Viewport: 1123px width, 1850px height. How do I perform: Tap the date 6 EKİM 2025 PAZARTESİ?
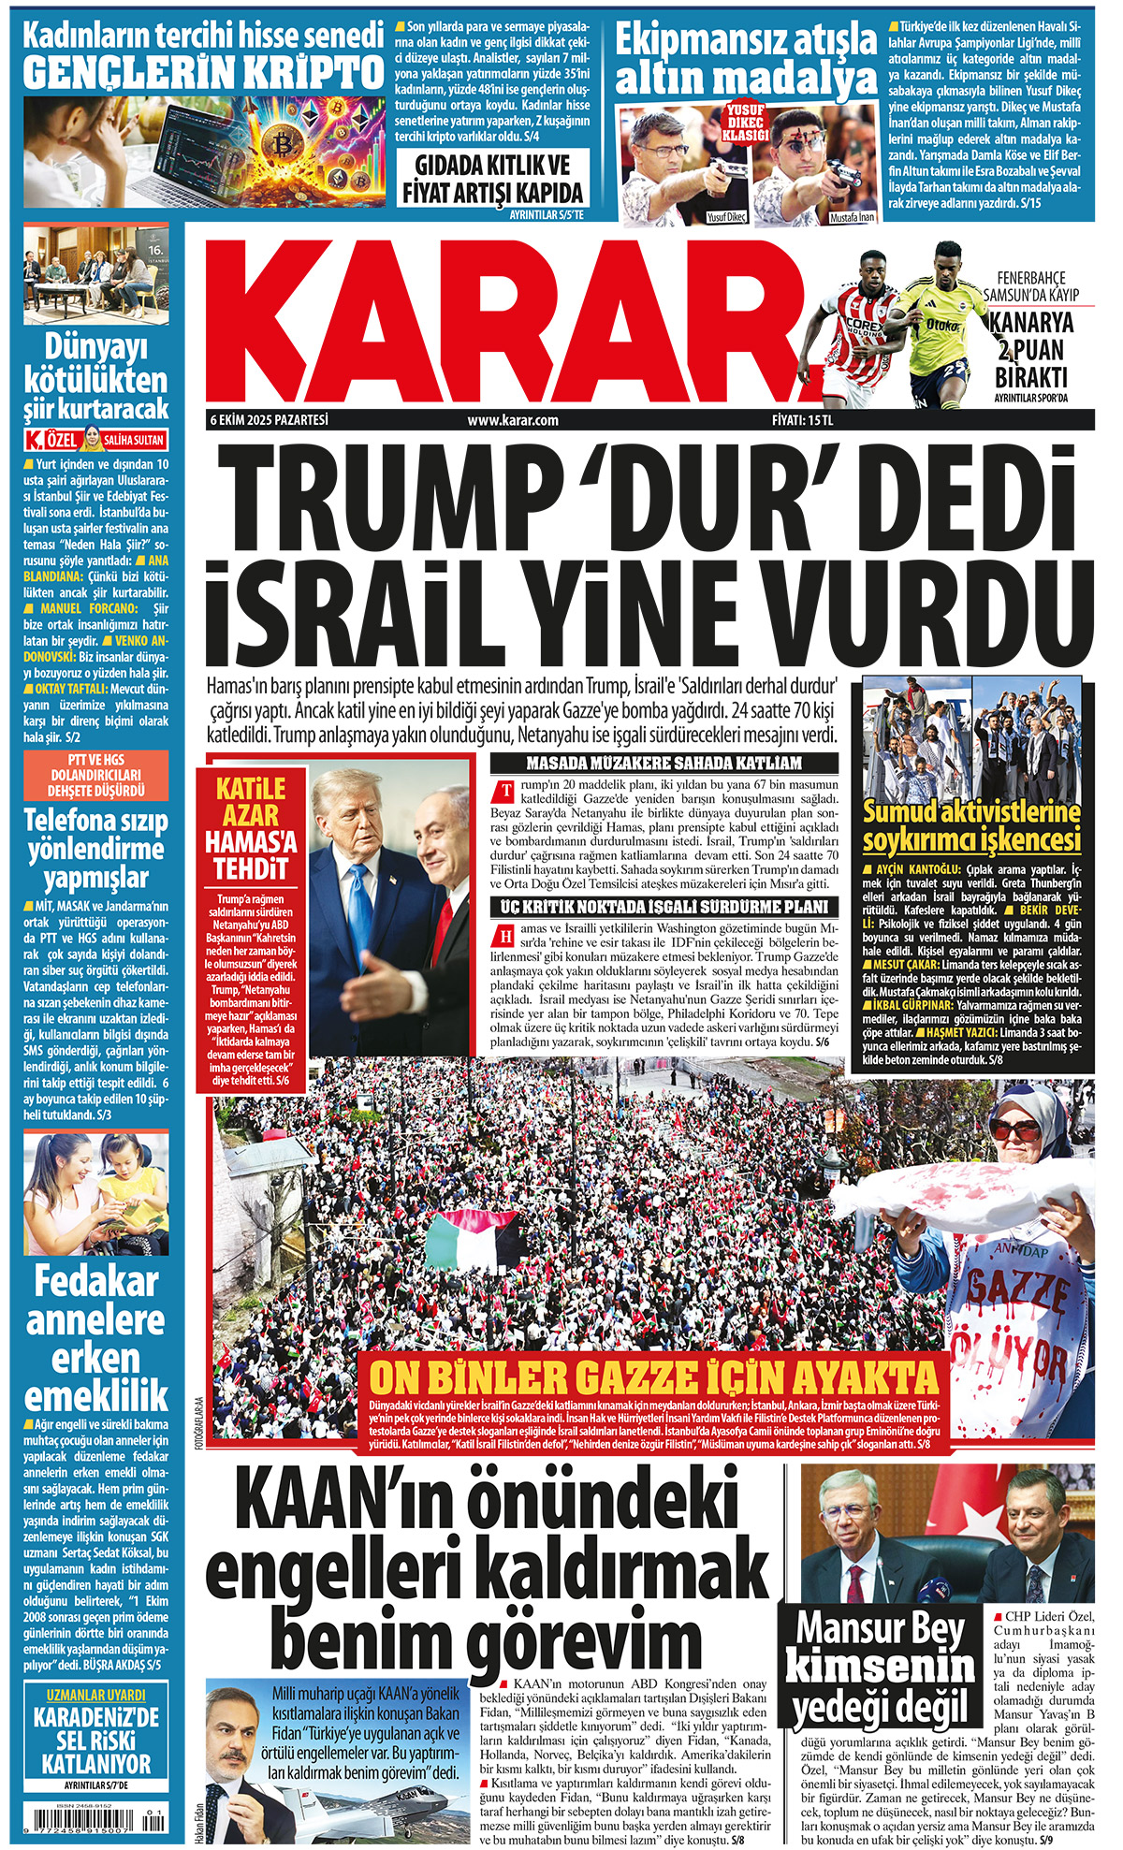point(270,420)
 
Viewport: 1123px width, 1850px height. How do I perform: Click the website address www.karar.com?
point(513,420)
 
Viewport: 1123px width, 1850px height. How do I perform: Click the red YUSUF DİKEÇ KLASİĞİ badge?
point(746,123)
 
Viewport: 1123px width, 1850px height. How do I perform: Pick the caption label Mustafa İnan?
point(852,217)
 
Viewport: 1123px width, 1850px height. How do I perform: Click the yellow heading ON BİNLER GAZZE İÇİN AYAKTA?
point(653,1377)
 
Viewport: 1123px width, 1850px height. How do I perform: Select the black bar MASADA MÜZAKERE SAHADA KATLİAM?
point(664,763)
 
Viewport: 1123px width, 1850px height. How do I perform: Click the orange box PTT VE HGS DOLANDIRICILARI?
point(96,775)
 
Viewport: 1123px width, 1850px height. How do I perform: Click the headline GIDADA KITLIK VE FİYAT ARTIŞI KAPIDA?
point(493,180)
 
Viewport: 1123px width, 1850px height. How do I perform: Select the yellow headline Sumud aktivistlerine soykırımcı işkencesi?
point(971,825)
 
